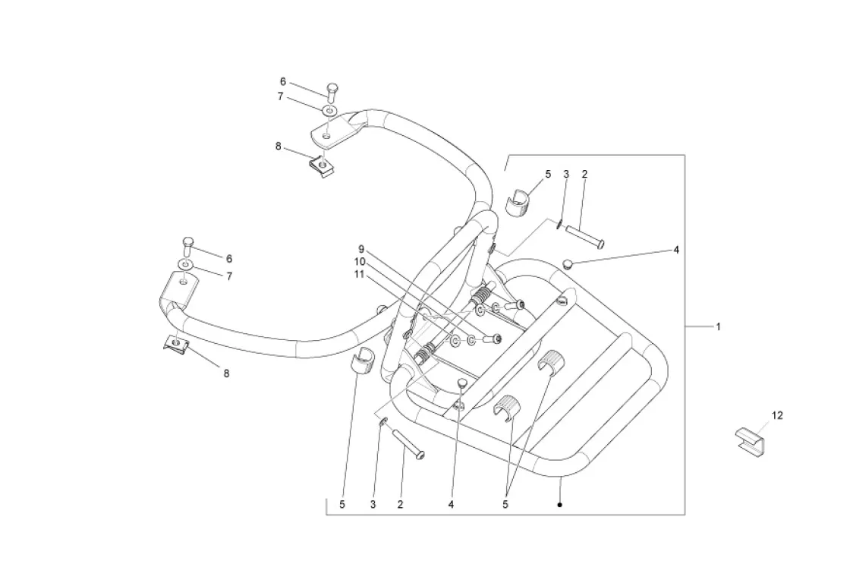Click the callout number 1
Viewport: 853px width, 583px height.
(x=718, y=327)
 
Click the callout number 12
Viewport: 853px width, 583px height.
(x=777, y=415)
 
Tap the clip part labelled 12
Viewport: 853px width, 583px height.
(x=749, y=440)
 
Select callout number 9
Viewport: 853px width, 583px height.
(x=362, y=249)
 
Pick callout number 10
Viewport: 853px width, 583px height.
(x=360, y=261)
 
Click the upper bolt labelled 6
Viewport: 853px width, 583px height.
(x=332, y=92)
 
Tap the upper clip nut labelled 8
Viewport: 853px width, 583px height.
(x=323, y=165)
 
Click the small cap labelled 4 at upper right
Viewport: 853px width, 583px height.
(x=567, y=264)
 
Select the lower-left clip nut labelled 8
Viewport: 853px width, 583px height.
(x=177, y=344)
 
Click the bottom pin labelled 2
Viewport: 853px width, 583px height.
(x=408, y=444)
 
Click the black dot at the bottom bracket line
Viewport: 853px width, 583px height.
(x=559, y=504)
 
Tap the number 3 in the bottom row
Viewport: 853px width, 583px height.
(x=373, y=504)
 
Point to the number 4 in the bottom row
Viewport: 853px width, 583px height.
(x=451, y=504)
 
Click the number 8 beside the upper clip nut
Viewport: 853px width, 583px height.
(x=279, y=146)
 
